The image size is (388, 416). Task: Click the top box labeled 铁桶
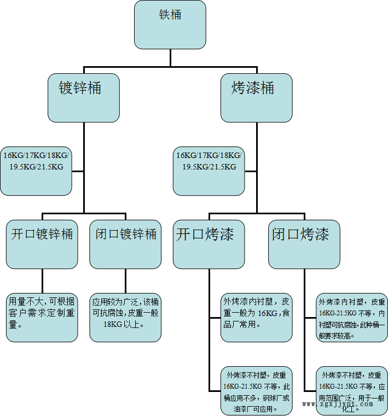[170, 25]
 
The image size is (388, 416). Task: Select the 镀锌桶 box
[83, 98]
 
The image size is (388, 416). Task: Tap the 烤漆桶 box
[256, 98]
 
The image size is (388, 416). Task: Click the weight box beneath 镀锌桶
[36, 171]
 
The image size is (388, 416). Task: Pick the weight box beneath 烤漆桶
[209, 171]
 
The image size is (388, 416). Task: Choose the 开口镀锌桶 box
[42, 244]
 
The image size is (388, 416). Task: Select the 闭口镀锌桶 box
[125, 244]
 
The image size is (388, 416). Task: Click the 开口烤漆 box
[209, 244]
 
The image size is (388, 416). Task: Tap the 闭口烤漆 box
[304, 244]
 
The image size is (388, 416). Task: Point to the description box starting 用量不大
[42, 317]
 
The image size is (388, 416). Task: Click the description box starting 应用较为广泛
[125, 317]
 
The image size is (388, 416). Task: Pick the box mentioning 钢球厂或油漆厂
[256, 390]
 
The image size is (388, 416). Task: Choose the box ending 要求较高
[351, 318]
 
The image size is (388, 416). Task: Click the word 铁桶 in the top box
[170, 15]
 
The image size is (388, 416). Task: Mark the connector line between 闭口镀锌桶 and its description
[125, 281]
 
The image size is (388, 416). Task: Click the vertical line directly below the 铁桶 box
[170, 58]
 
